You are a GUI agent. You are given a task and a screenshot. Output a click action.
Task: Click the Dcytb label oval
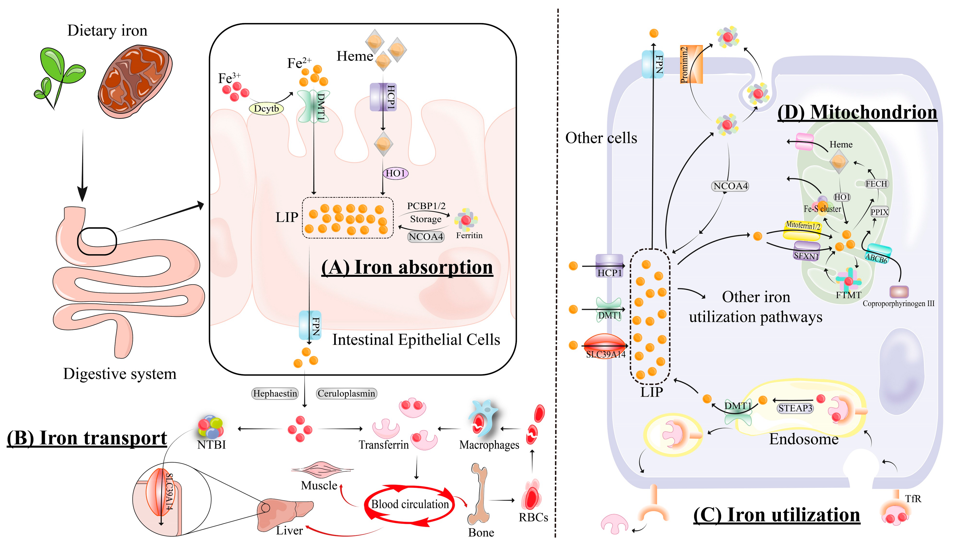(266, 109)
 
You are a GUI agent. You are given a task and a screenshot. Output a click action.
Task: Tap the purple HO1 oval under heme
(396, 173)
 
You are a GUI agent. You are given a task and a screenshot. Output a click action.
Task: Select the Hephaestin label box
(275, 393)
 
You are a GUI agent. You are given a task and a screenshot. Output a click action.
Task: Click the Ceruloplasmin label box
(346, 393)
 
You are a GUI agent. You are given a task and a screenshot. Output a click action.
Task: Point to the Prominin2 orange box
(690, 65)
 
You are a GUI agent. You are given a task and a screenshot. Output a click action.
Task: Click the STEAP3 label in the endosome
(795, 408)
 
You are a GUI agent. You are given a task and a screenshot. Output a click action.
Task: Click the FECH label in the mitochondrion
(876, 184)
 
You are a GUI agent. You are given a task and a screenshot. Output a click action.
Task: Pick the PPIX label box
(879, 212)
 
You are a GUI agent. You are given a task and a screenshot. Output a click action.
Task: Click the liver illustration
(285, 514)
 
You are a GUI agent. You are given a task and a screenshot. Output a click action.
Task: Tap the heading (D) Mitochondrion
(857, 112)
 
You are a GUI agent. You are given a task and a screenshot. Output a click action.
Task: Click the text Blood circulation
(409, 504)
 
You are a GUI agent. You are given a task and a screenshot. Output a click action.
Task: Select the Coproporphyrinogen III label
(898, 303)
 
